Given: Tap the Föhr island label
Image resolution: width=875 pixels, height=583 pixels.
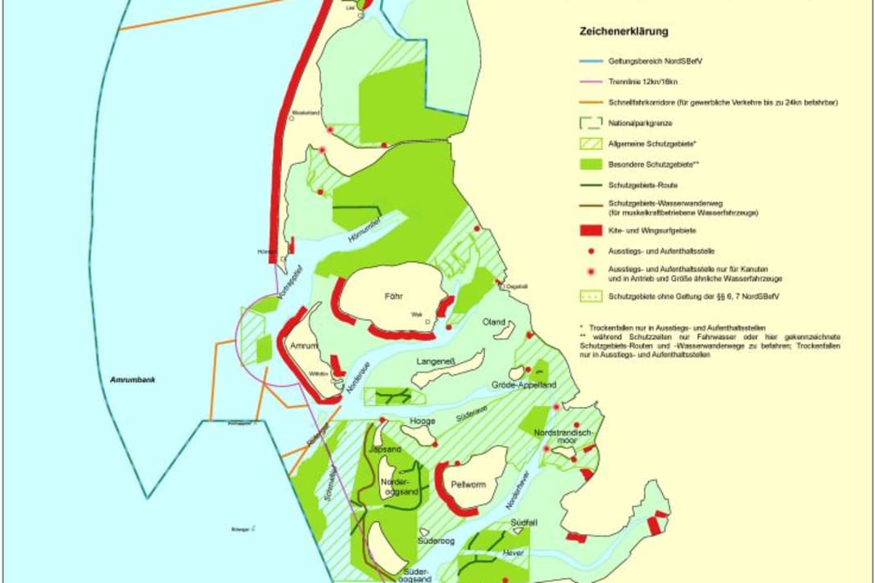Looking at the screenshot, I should [x=395, y=296].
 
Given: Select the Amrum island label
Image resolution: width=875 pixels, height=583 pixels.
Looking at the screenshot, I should [x=305, y=347].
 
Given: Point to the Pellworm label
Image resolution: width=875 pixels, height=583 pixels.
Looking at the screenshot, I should [x=469, y=485].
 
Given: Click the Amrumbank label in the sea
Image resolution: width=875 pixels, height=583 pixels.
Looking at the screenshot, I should [x=134, y=381].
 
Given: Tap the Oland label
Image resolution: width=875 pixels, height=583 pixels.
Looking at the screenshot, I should [x=495, y=322].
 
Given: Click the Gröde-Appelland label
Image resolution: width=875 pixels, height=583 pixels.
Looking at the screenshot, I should [x=524, y=384].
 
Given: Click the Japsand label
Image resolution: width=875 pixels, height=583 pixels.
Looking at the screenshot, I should [x=383, y=449].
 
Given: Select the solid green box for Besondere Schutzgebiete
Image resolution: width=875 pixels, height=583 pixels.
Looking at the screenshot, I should [x=590, y=165].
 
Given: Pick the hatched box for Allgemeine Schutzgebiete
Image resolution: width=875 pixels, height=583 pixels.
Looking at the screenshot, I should [x=590, y=144].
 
